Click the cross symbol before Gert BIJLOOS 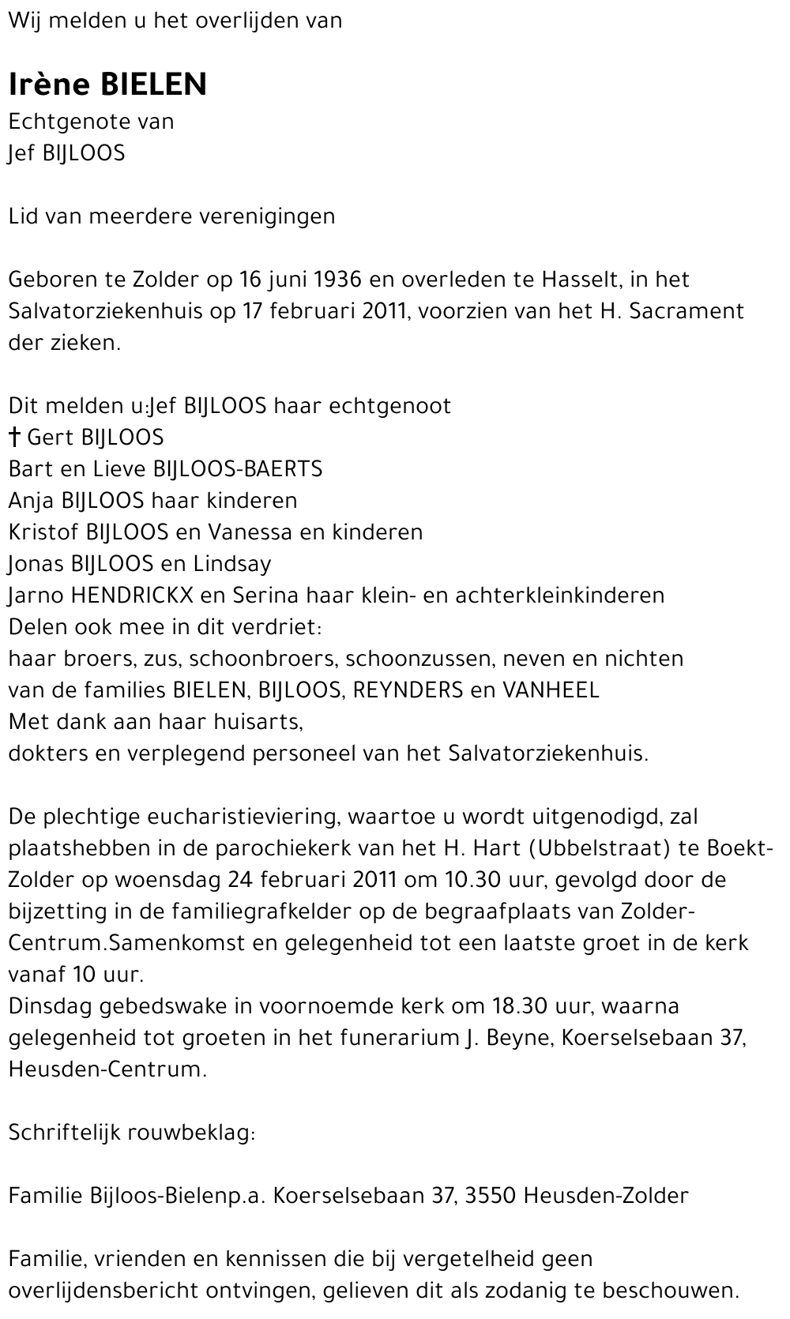click(14, 438)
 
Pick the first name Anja click(31, 501)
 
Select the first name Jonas click(34, 564)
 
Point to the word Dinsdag click(55, 1006)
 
